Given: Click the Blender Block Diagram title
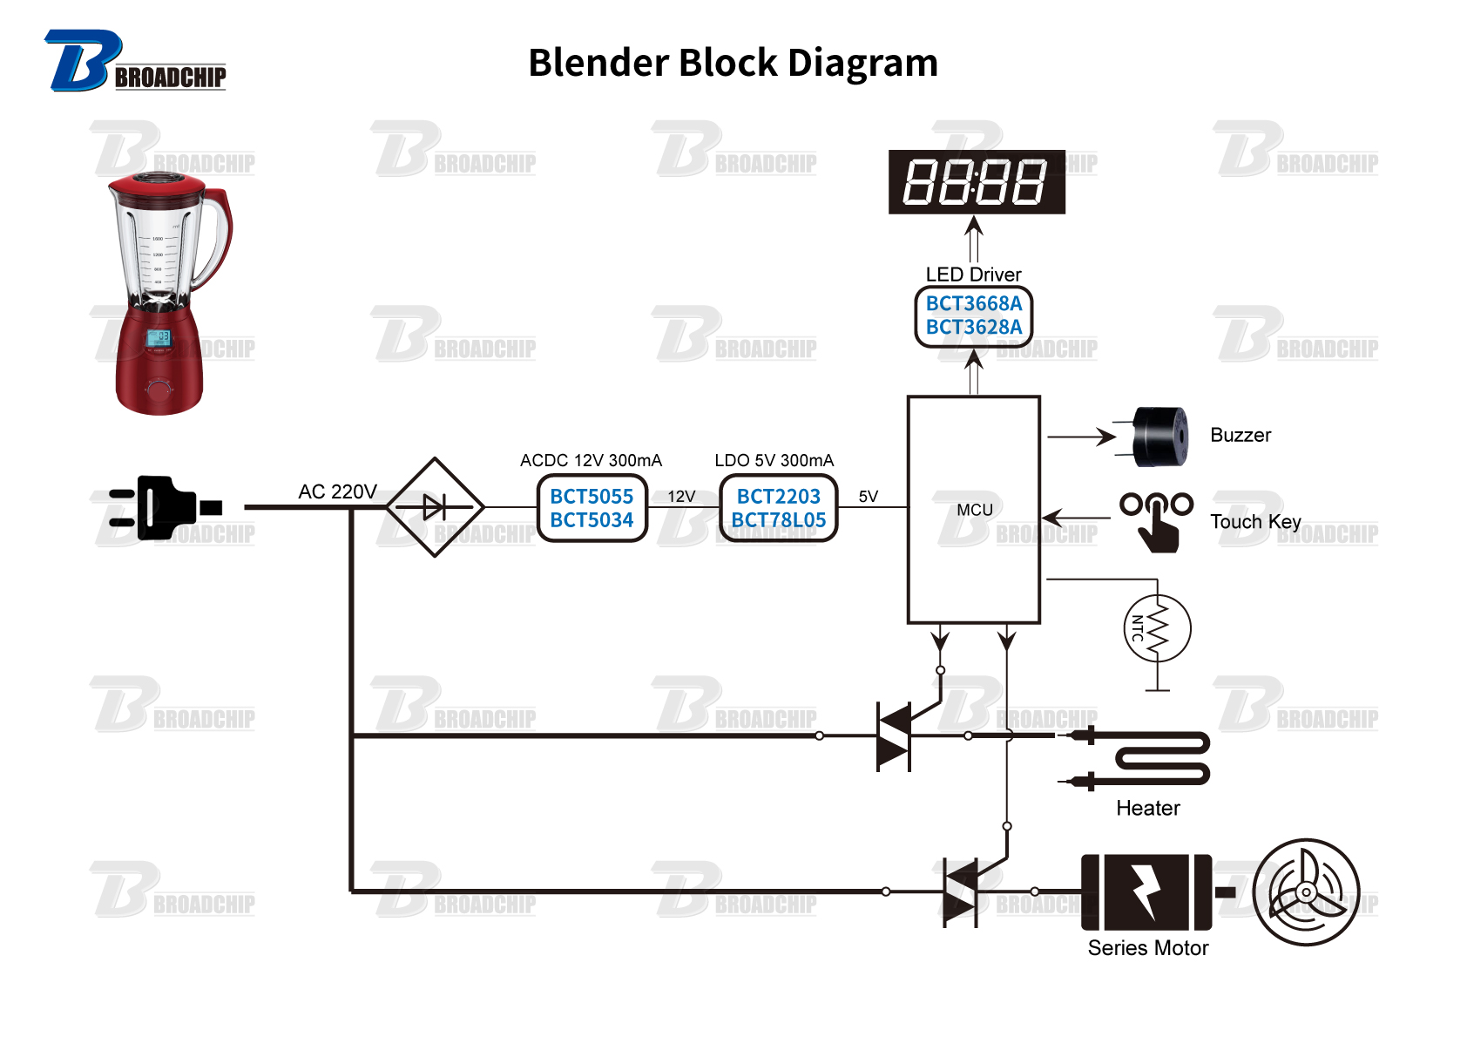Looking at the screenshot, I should pos(733,63).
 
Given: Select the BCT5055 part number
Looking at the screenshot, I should pos(592,496).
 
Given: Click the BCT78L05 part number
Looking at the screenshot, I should pos(778,520).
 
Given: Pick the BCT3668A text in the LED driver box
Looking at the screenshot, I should pos(973,303).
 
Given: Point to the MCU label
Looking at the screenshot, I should pos(974,510).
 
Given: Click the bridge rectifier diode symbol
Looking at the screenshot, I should pos(434,506).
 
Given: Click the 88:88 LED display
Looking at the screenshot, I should pos(976,181).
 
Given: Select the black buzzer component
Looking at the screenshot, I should pos(1159,436).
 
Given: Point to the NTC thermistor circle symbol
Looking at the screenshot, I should pos(1157,628).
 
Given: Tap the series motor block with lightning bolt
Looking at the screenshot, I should pos(1146,891).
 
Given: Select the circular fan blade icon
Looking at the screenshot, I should pos(1305,891).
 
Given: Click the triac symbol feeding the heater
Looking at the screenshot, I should pos(894,736).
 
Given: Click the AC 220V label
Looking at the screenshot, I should pos(337,491).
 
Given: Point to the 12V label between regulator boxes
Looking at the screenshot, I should pos(681,496).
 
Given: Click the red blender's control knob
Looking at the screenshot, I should pos(159,387).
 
